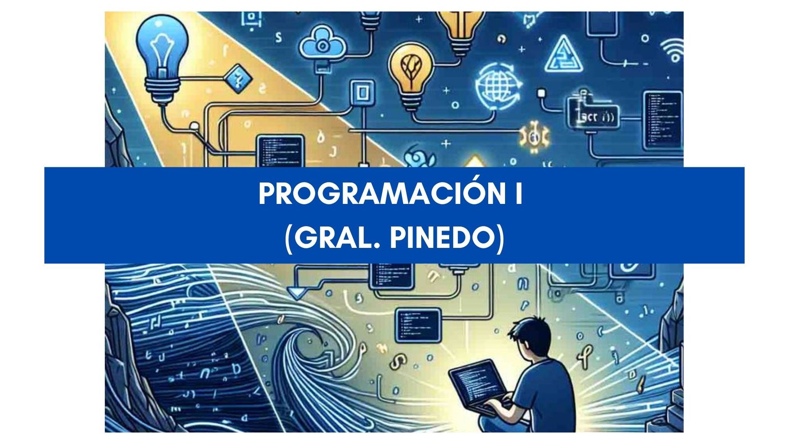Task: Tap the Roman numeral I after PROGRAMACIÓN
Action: (519, 195)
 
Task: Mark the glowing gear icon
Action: (534, 136)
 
